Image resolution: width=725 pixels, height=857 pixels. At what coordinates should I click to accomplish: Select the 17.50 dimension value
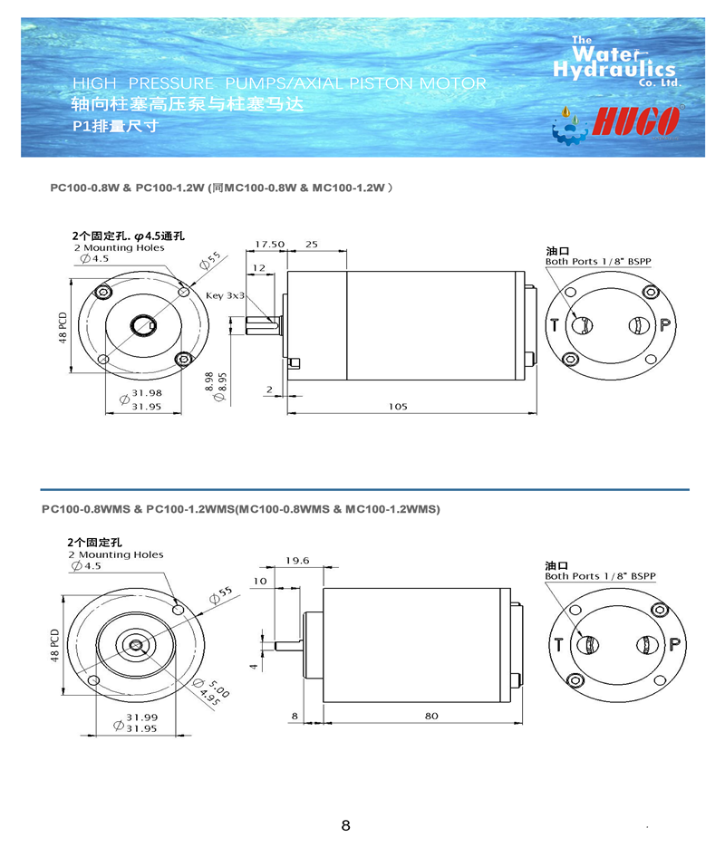tap(269, 245)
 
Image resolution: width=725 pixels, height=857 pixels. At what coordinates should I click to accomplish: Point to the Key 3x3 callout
tap(226, 296)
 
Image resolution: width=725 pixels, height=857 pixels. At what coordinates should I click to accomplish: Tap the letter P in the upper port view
tap(664, 324)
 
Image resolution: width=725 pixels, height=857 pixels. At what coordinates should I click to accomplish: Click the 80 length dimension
tap(430, 716)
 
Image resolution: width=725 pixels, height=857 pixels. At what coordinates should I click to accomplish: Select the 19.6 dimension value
tap(296, 561)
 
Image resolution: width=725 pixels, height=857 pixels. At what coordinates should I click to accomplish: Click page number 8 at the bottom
tap(345, 825)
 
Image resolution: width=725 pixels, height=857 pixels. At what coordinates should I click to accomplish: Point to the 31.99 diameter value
tap(140, 717)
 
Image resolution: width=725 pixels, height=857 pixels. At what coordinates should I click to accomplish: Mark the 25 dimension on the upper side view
tap(311, 245)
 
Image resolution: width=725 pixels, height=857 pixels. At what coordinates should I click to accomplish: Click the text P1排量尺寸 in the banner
tap(115, 126)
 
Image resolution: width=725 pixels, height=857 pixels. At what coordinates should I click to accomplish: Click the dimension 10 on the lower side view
tap(260, 581)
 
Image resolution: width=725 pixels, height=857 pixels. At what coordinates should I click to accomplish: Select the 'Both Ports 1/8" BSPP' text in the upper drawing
tap(598, 262)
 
